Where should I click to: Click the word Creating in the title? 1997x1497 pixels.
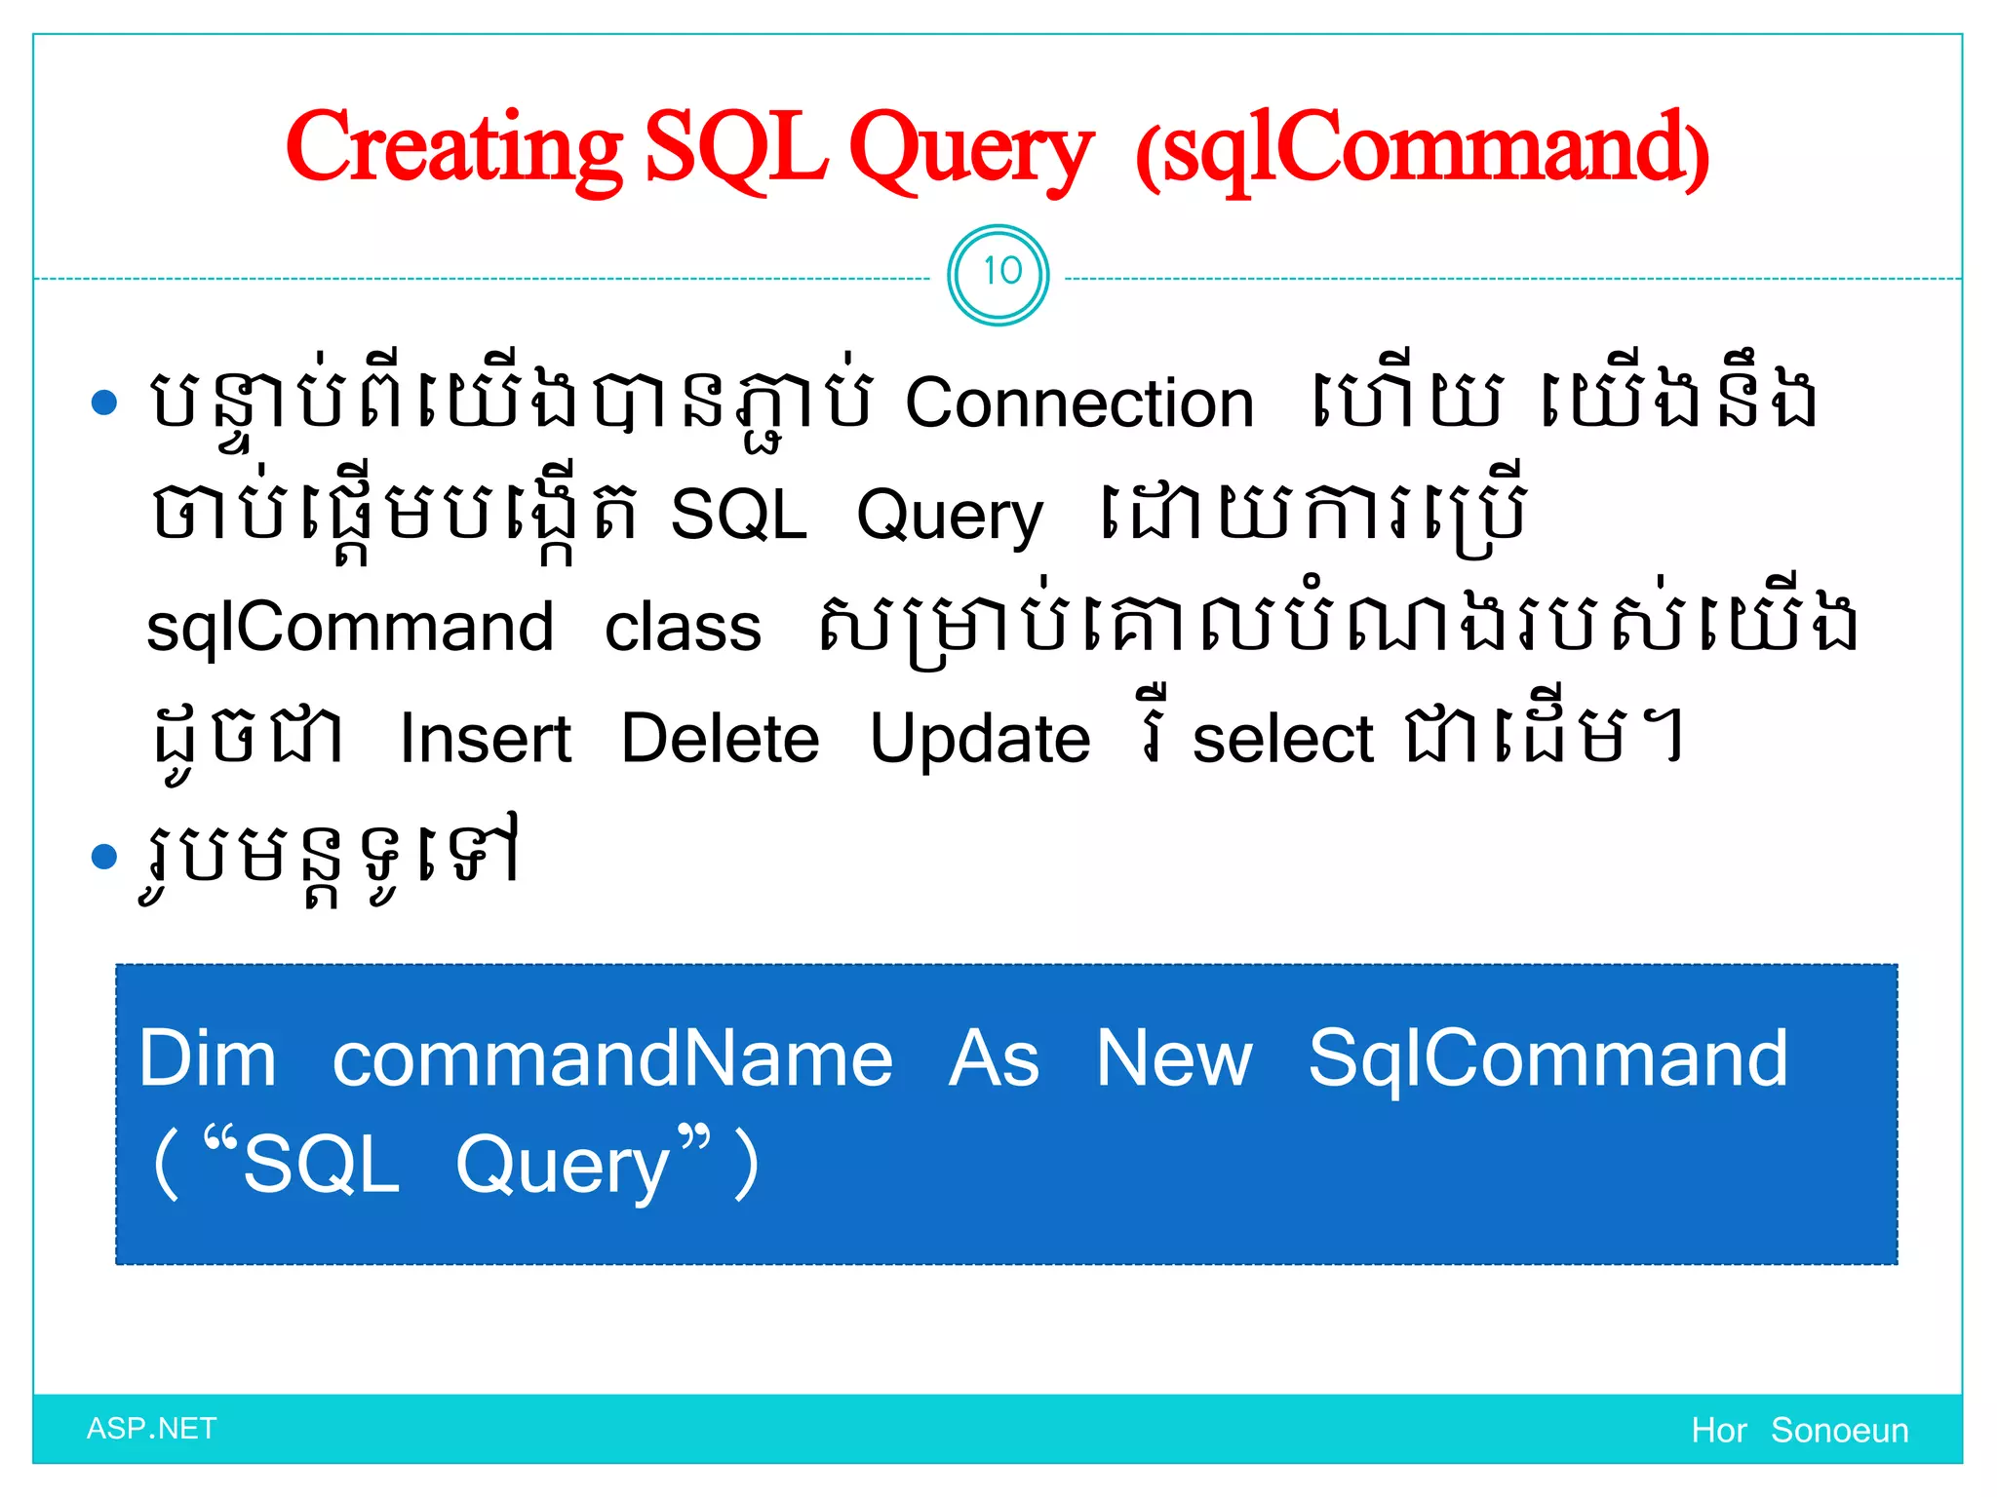453,148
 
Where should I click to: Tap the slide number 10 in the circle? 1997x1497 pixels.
1000,272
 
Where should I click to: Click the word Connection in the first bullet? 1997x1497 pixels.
1078,403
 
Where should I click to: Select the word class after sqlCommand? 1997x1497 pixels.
683,627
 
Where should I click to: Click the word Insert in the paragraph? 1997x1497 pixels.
485,739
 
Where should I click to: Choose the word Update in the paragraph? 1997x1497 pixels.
979,739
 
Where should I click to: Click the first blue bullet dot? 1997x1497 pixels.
103,402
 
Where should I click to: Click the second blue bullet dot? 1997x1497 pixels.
103,857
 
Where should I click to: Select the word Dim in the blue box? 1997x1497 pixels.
208,1059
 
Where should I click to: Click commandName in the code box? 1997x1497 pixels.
612,1059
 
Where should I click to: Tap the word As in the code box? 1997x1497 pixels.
994,1059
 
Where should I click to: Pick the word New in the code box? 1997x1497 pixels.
1173,1059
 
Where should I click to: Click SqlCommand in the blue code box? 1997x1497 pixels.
1547,1059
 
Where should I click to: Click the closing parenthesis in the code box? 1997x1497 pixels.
746,1164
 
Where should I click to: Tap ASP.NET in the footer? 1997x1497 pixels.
151,1429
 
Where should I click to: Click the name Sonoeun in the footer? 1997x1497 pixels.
1839,1431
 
